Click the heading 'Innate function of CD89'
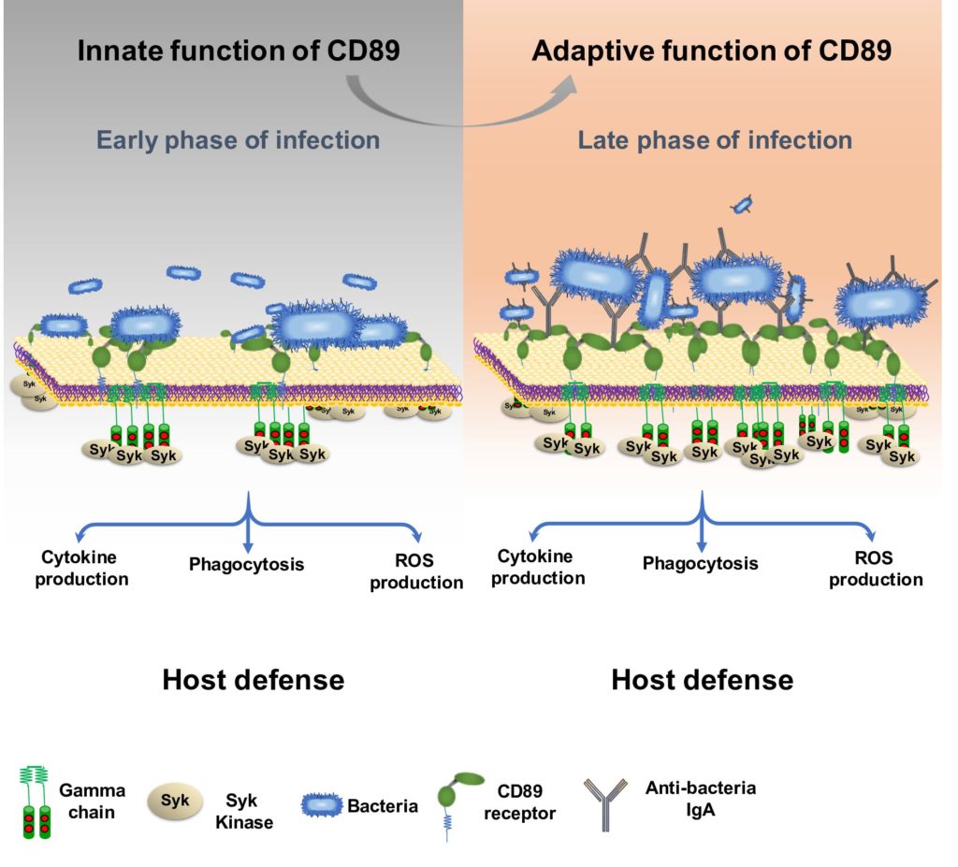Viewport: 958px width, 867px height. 239,50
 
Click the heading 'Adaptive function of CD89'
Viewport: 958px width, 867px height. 711,50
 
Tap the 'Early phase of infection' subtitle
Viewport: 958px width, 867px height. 239,141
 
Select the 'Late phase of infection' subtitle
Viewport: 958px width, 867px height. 715,141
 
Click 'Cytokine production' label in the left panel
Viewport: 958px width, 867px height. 84,568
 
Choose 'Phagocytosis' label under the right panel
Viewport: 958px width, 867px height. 700,563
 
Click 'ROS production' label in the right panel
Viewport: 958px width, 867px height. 876,569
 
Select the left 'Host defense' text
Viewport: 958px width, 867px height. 253,679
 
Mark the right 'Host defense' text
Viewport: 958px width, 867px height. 702,679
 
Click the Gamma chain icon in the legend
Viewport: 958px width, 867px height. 35,800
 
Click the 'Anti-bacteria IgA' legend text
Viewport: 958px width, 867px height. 700,799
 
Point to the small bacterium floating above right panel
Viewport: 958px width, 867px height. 744,204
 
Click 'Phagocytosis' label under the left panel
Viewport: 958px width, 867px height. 247,564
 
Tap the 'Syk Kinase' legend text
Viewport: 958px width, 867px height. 247,812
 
